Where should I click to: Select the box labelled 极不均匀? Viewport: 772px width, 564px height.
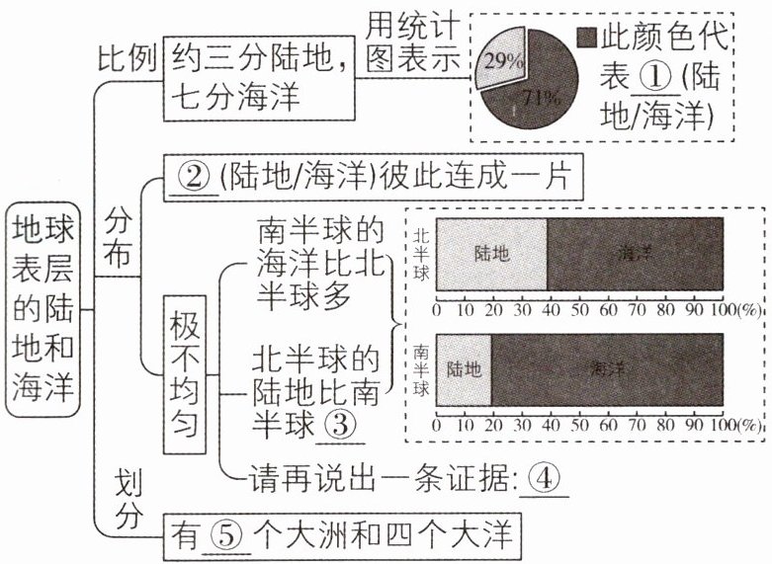[184, 379]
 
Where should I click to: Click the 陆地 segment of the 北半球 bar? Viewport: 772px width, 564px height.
[491, 253]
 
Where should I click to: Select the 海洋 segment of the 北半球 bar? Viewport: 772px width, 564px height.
[635, 253]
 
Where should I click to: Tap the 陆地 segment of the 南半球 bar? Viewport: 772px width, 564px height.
[464, 370]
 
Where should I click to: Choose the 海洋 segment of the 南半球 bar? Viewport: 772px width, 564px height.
[607, 370]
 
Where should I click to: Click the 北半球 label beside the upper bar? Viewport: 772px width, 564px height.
[421, 253]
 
